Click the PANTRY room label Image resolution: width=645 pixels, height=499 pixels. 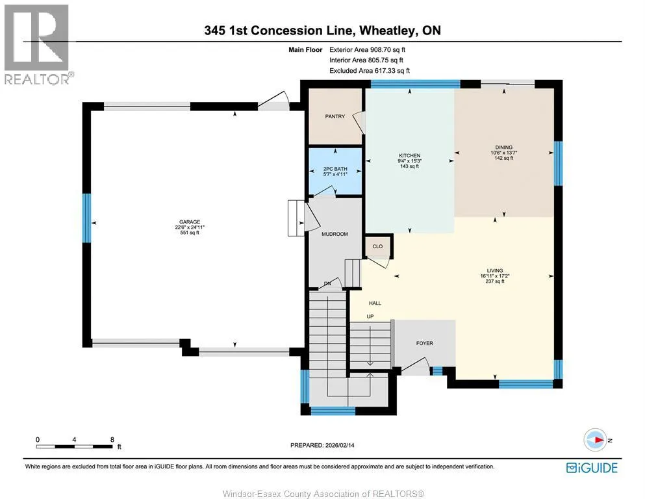click(x=335, y=116)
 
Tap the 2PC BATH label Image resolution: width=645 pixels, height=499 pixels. click(x=335, y=169)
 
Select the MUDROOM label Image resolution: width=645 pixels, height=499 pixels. click(x=335, y=234)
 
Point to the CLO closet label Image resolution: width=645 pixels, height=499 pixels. click(x=377, y=246)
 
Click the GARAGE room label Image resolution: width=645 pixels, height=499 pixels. click(x=190, y=222)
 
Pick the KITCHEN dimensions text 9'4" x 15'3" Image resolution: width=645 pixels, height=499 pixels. click(x=410, y=161)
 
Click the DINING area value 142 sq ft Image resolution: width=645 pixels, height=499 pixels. click(x=504, y=158)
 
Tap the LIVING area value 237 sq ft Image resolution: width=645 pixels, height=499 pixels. click(x=495, y=281)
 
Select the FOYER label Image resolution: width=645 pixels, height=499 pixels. click(x=425, y=343)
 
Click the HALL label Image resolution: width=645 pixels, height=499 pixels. click(x=375, y=303)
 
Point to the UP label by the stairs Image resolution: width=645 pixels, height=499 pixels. click(x=370, y=316)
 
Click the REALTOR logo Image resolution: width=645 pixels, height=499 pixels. click(x=38, y=44)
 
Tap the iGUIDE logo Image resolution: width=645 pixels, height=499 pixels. click(x=592, y=468)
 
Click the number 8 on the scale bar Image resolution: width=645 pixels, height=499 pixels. click(x=112, y=440)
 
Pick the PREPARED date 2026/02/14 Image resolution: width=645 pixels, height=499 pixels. click(x=340, y=445)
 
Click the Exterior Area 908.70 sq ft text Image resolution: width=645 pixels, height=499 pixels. click(x=368, y=50)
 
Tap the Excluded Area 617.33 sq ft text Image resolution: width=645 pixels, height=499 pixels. click(x=370, y=71)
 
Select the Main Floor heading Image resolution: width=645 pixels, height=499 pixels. click(x=305, y=50)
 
